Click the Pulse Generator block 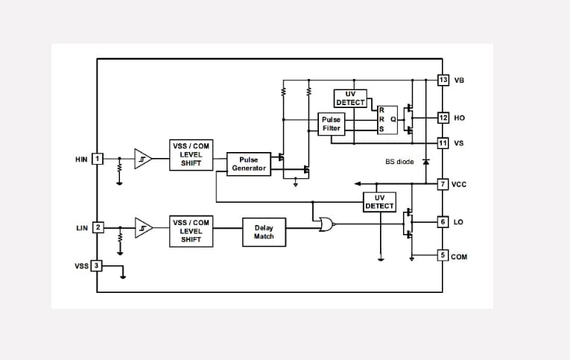[248, 163]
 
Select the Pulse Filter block [331, 124]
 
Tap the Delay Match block [264, 232]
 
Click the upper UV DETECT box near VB [350, 98]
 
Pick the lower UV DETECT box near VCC [379, 201]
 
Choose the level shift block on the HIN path [191, 154]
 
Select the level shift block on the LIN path [191, 231]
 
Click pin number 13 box [443, 80]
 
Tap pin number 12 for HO [443, 118]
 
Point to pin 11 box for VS [443, 142]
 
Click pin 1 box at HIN [97, 159]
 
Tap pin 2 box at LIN [97, 227]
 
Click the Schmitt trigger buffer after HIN [142, 159]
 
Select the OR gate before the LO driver [326, 223]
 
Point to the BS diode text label [399, 161]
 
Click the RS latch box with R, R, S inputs [387, 119]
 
